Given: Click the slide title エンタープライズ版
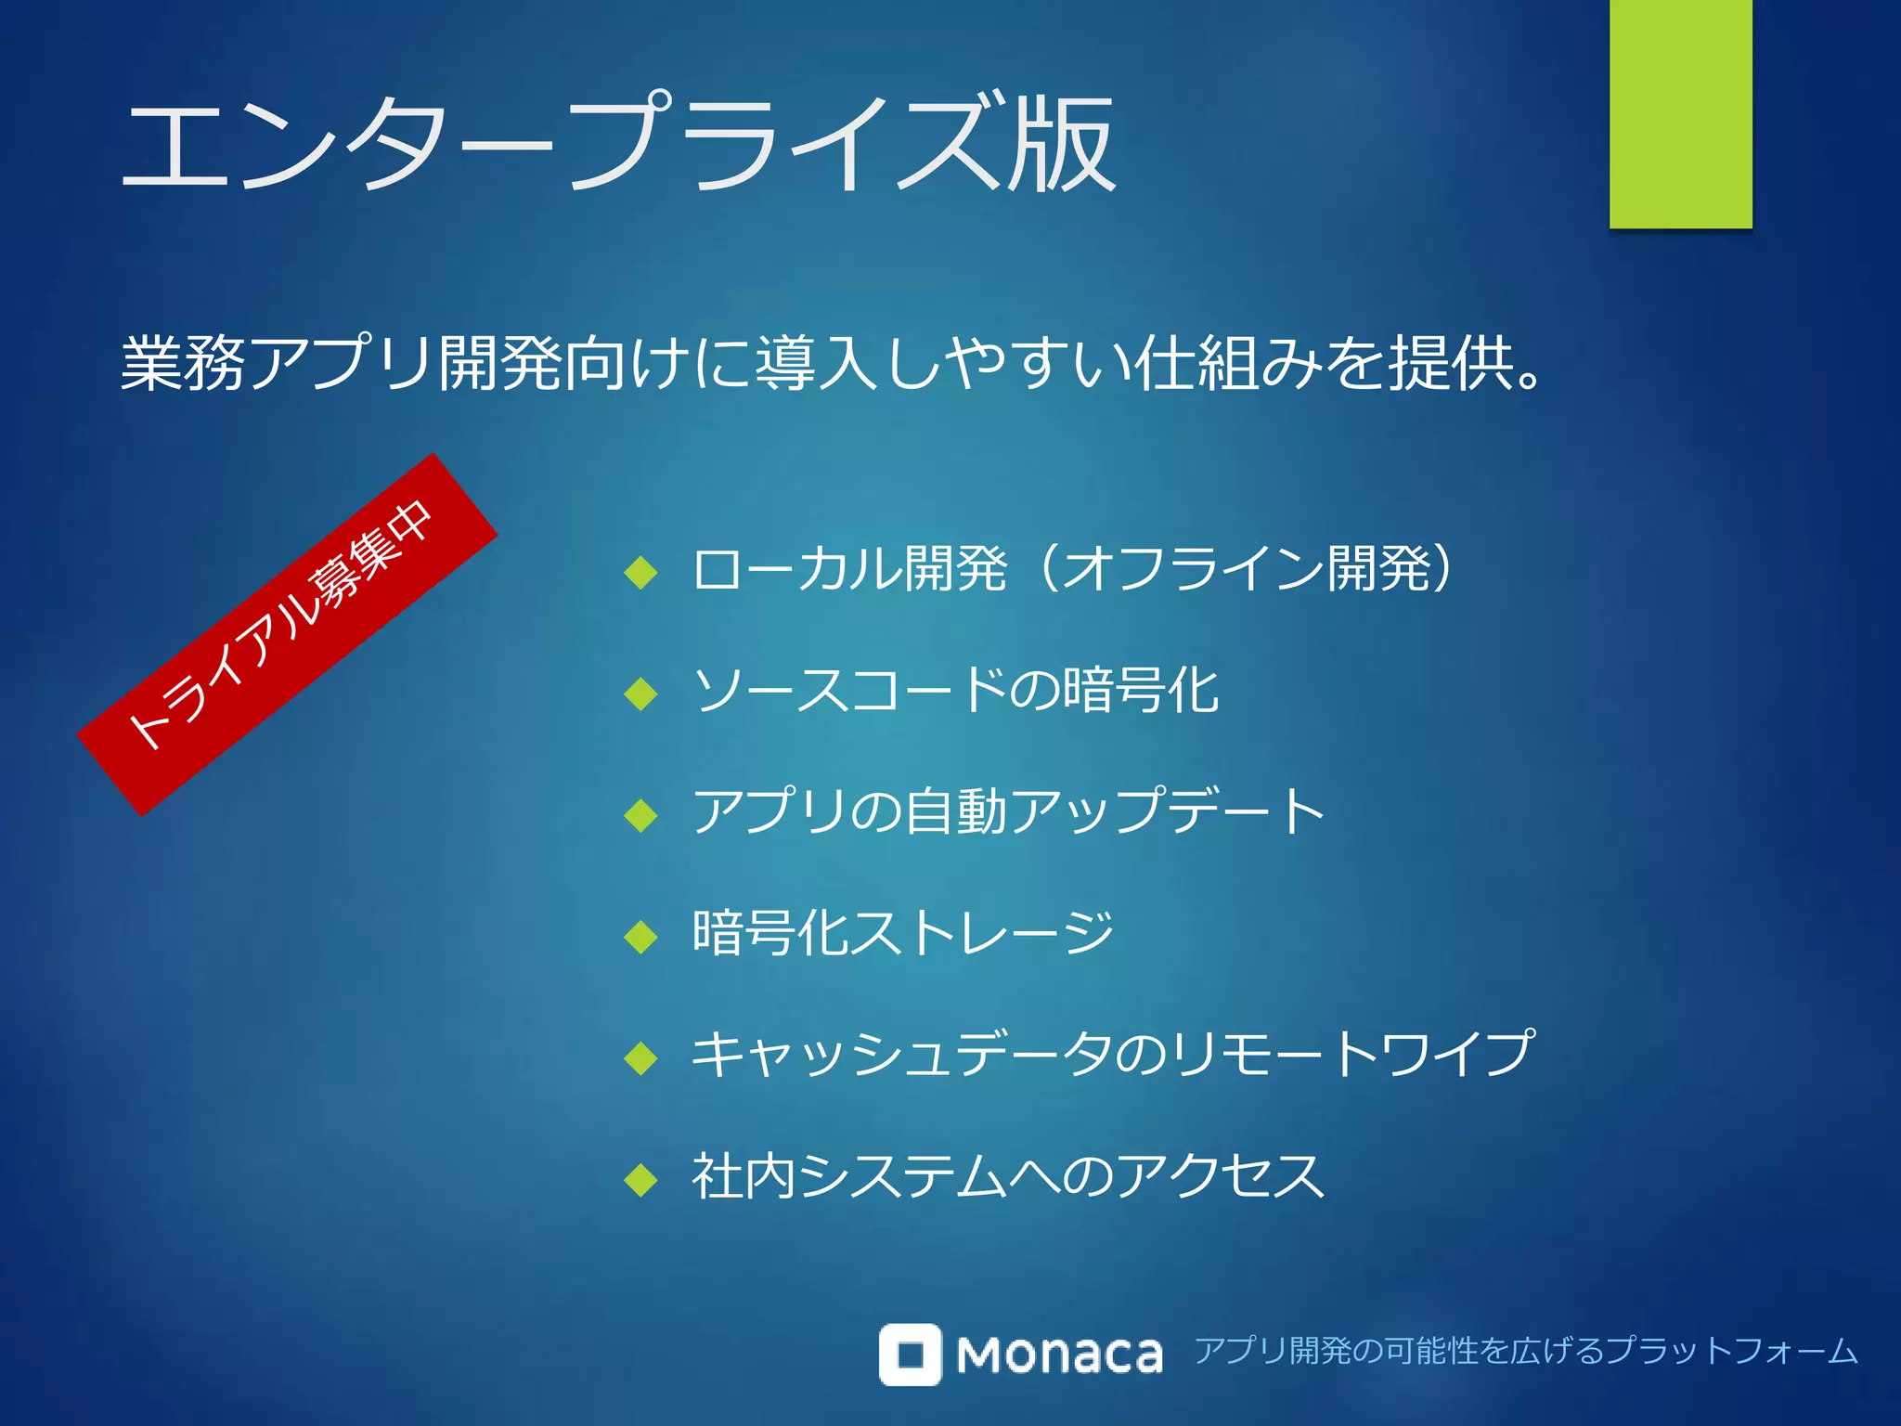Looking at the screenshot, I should [x=617, y=144].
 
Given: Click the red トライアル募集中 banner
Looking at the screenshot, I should [x=287, y=634].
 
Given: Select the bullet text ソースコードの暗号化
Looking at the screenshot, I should [x=955, y=691].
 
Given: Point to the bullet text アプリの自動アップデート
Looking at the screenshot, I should [x=1008, y=811].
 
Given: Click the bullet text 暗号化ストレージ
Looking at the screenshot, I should [x=902, y=933].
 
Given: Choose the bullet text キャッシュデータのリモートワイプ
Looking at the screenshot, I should [x=1113, y=1055].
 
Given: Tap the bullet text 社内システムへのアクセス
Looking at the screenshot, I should [x=1008, y=1176].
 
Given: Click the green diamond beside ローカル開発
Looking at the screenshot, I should [x=641, y=572].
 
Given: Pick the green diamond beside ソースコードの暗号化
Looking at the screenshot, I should [x=641, y=694].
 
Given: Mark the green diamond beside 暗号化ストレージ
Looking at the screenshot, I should [x=641, y=937].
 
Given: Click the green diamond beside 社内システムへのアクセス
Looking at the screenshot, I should [x=641, y=1180].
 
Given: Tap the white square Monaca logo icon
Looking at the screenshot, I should [x=910, y=1354].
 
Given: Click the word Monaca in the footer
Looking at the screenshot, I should [x=1059, y=1355].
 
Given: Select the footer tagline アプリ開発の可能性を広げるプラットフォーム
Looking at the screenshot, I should [x=1525, y=1351].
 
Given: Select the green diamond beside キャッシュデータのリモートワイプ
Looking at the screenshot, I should [x=641, y=1058].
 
